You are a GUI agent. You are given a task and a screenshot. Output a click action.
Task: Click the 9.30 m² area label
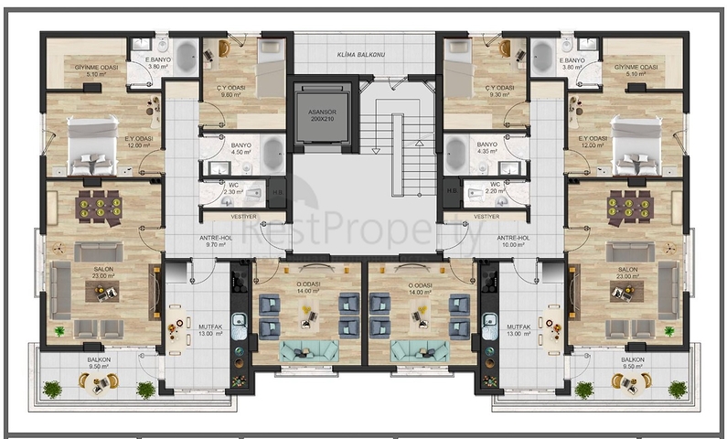(502, 93)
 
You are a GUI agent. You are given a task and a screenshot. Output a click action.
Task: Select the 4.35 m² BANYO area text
(487, 153)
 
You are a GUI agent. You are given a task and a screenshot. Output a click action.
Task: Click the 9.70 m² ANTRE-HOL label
(215, 242)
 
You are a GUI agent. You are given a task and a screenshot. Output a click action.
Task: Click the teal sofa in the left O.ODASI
(306, 349)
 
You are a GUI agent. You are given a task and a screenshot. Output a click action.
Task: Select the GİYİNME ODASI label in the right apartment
(636, 68)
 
